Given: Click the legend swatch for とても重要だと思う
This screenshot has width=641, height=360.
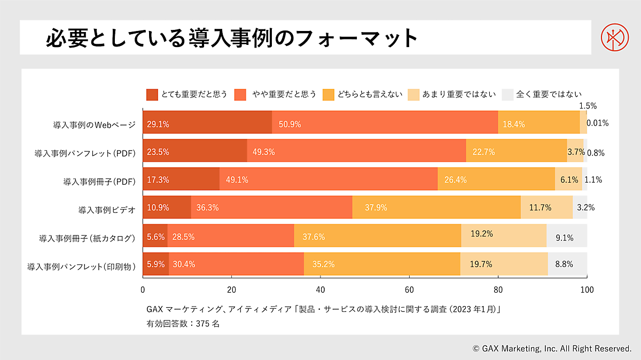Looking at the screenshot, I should coord(152,95).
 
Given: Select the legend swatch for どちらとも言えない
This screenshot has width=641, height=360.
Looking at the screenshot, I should coord(329,95).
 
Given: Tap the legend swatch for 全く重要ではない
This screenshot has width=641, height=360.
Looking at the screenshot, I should coord(508,95).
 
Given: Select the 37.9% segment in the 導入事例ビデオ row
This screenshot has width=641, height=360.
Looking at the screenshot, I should coord(436,207).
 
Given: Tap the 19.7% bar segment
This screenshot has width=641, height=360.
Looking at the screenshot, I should coord(504,264).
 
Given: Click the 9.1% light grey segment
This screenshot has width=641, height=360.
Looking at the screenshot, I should coord(567,236).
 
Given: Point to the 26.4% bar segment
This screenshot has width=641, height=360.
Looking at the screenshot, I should coord(496,179).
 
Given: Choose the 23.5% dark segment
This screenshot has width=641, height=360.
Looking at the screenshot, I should coord(194,151).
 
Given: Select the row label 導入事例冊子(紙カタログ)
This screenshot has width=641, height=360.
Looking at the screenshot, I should coord(87,237).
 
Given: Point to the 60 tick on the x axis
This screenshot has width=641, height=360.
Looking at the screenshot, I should coord(409,289).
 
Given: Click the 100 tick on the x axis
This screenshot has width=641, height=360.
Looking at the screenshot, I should coord(587,289).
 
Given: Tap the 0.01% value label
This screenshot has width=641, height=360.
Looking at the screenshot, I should coord(598,123).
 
